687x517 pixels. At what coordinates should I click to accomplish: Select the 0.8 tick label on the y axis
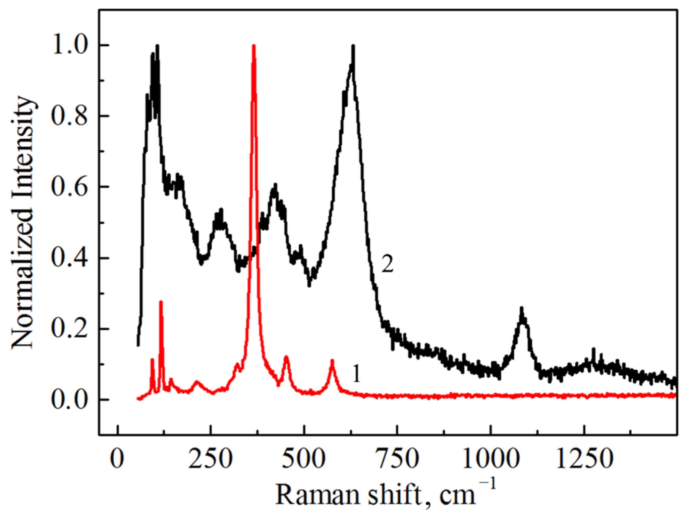pos(69,116)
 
